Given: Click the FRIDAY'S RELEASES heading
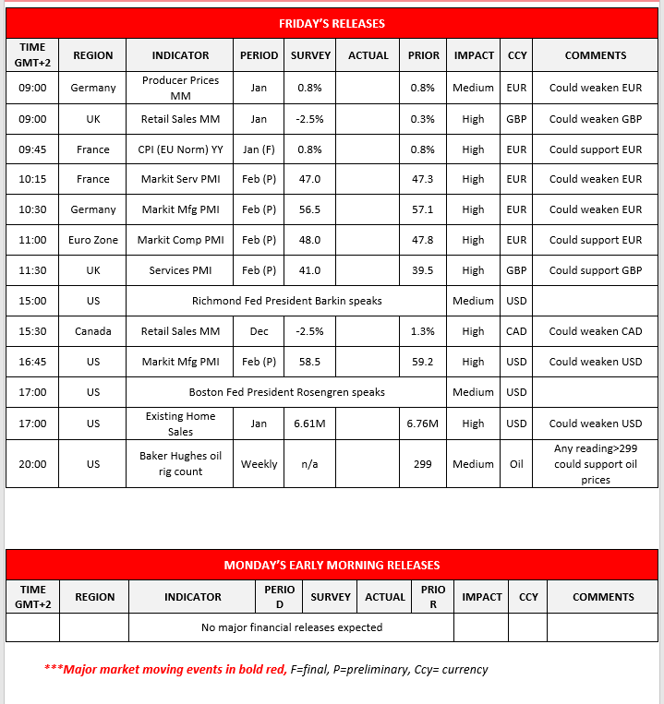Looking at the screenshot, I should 332,23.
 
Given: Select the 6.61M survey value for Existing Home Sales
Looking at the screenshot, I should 310,424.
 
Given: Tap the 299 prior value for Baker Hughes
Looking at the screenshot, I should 423,464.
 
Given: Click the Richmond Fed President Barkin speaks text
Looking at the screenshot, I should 287,301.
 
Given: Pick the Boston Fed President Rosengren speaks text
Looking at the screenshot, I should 287,392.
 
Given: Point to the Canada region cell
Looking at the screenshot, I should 93,331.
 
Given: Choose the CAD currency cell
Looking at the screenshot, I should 516,331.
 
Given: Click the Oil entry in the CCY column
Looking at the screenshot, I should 516,464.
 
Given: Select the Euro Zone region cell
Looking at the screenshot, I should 93,240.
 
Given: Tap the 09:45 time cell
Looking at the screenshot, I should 32,149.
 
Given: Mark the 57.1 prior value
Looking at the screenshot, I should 423,209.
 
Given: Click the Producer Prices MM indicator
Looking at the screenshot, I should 181,88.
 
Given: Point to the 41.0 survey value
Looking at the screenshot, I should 310,270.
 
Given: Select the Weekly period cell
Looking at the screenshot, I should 259,464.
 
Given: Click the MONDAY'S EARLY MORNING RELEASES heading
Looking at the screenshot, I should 332,565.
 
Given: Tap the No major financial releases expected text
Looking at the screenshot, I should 292,627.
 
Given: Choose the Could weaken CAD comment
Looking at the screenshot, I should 596,331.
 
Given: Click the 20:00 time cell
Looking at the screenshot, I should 32,464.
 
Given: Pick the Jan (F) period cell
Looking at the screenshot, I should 259,149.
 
